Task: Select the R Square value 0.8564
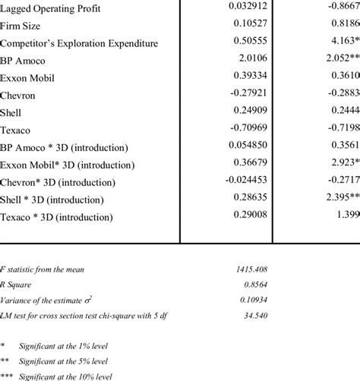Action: pyautogui.click(x=252, y=285)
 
